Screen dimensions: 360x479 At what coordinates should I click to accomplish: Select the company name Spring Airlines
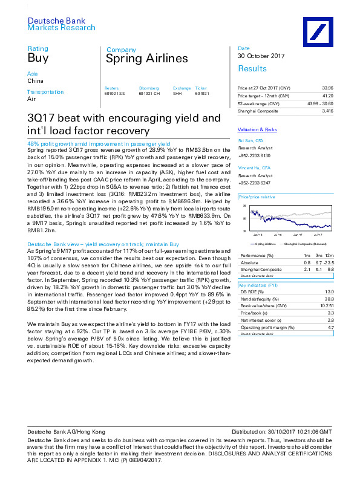click(147, 59)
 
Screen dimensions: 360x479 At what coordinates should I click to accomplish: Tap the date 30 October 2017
click(261, 56)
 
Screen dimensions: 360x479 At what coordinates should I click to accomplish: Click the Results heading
click(252, 68)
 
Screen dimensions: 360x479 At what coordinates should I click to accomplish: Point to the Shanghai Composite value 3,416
click(327, 111)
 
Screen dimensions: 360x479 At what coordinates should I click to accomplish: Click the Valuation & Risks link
click(257, 129)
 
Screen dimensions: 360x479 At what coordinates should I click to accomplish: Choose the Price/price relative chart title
click(257, 197)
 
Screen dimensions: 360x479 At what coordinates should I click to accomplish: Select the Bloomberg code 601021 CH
click(149, 93)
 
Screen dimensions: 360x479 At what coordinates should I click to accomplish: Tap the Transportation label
click(46, 92)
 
